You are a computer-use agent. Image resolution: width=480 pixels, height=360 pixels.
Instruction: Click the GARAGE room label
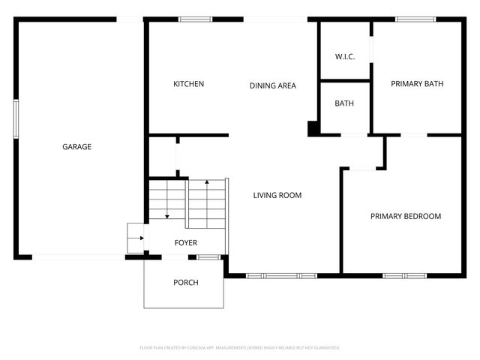[x=76, y=147]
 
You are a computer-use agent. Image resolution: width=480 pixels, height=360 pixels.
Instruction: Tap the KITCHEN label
[x=188, y=84]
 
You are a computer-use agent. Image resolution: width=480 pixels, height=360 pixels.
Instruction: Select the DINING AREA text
[x=272, y=85]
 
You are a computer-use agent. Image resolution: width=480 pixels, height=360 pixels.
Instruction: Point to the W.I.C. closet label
[x=344, y=57]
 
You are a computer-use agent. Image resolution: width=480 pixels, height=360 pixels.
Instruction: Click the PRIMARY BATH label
[x=417, y=84]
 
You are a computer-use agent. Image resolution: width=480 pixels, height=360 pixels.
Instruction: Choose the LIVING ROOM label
[x=277, y=196]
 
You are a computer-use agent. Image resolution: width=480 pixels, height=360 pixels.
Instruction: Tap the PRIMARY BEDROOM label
[x=406, y=217]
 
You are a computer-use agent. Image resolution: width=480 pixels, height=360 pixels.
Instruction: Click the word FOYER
[x=186, y=243]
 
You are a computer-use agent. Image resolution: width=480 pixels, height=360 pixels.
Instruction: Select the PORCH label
[x=185, y=283]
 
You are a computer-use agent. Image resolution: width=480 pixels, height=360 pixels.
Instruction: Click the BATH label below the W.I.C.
[x=344, y=103]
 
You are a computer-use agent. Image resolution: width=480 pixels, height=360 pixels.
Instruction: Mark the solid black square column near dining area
[x=313, y=128]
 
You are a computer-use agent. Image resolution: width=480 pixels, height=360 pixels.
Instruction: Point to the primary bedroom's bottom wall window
[x=406, y=275]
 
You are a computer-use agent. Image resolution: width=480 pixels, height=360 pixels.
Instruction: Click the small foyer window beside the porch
[x=208, y=257]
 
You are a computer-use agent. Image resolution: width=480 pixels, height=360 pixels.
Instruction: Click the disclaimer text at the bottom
[x=240, y=348]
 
